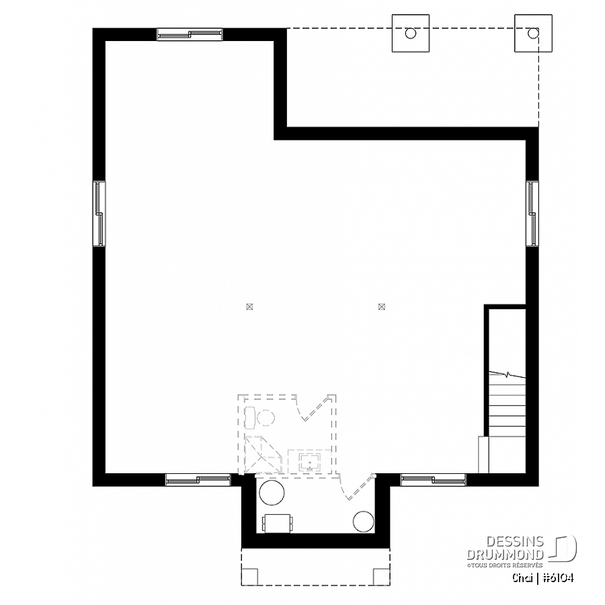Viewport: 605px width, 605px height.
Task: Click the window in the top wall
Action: tap(190, 34)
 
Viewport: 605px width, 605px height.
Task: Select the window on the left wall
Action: tap(99, 213)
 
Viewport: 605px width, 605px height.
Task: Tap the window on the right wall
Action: tap(532, 213)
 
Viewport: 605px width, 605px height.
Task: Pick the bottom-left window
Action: tap(198, 479)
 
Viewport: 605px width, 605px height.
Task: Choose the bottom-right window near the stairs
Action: tap(434, 479)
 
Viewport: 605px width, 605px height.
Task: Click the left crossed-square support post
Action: tap(249, 307)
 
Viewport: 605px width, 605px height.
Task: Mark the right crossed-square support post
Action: tap(382, 307)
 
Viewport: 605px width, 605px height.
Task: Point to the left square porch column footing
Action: tap(411, 33)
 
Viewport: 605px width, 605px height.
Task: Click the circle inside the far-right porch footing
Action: tap(533, 33)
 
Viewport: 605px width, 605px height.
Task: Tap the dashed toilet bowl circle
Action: tap(266, 418)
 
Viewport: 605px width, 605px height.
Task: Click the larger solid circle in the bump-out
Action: tap(272, 493)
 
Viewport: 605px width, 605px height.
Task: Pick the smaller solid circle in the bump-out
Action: tap(363, 522)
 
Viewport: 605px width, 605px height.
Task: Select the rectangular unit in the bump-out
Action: tap(277, 523)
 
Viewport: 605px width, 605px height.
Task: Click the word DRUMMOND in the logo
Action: tap(505, 555)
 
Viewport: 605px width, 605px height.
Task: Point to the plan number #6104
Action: tap(558, 577)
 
